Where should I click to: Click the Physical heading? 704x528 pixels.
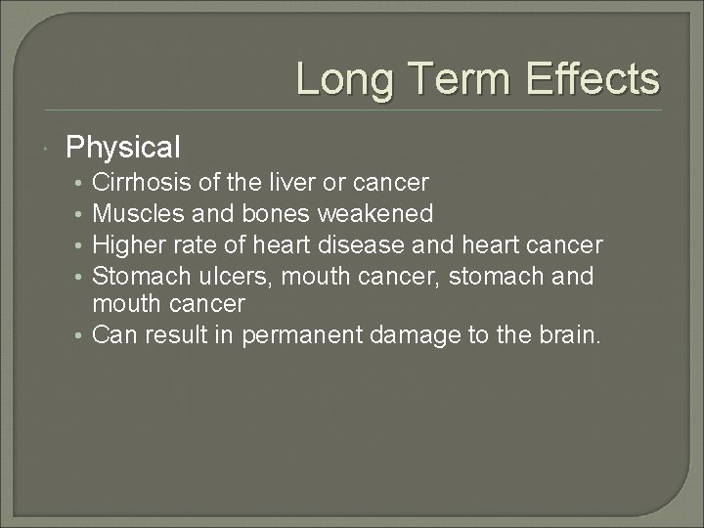tap(122, 148)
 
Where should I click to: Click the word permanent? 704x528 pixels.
tap(304, 335)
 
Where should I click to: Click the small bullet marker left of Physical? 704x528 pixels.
tap(48, 149)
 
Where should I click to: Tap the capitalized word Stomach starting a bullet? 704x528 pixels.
tap(137, 277)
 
